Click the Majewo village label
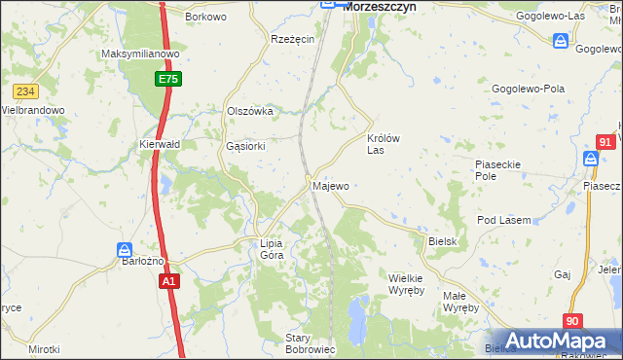point(330,185)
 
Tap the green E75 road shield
point(166,78)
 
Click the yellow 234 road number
point(25,91)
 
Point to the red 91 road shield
point(605,142)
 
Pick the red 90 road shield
point(574,321)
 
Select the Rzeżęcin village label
point(292,39)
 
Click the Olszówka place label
point(249,111)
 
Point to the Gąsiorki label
point(244,147)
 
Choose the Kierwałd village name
point(161,144)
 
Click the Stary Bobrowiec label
point(311,343)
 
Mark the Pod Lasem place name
point(503,220)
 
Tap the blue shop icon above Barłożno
point(125,249)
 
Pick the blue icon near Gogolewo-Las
point(561,41)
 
